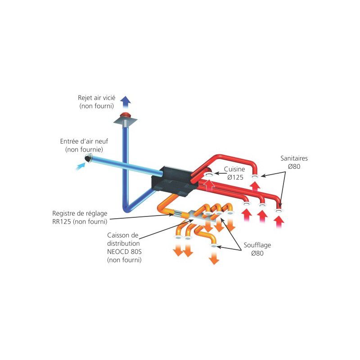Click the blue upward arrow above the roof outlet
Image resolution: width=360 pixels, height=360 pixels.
tap(126, 102)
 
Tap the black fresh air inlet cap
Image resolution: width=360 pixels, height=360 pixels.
tap(88, 158)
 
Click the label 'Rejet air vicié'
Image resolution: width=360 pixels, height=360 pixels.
tap(97, 98)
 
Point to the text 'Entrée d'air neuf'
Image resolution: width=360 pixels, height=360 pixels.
tap(84, 141)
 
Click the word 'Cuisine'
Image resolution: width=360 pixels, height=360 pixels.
tap(234, 169)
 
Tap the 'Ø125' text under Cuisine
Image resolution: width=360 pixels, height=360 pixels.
tap(235, 177)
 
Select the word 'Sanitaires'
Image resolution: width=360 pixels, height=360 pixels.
tap(294, 158)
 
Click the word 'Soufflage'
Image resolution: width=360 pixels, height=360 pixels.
tap(257, 245)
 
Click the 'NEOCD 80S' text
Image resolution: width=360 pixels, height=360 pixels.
tap(124, 252)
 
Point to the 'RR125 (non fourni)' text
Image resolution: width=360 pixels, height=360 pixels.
tap(80, 221)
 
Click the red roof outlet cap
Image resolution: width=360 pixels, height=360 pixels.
tap(126, 115)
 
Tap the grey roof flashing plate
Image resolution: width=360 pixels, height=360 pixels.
tap(126, 121)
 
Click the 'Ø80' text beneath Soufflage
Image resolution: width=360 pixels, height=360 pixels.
tap(257, 253)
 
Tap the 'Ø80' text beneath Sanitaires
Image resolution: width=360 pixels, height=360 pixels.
tap(294, 166)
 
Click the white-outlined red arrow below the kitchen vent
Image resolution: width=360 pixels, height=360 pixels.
tap(209, 186)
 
